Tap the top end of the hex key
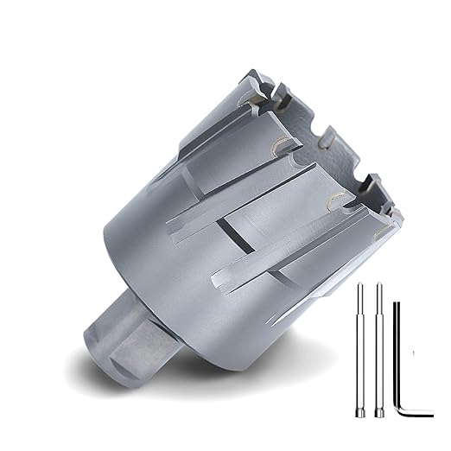tap(396, 303)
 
